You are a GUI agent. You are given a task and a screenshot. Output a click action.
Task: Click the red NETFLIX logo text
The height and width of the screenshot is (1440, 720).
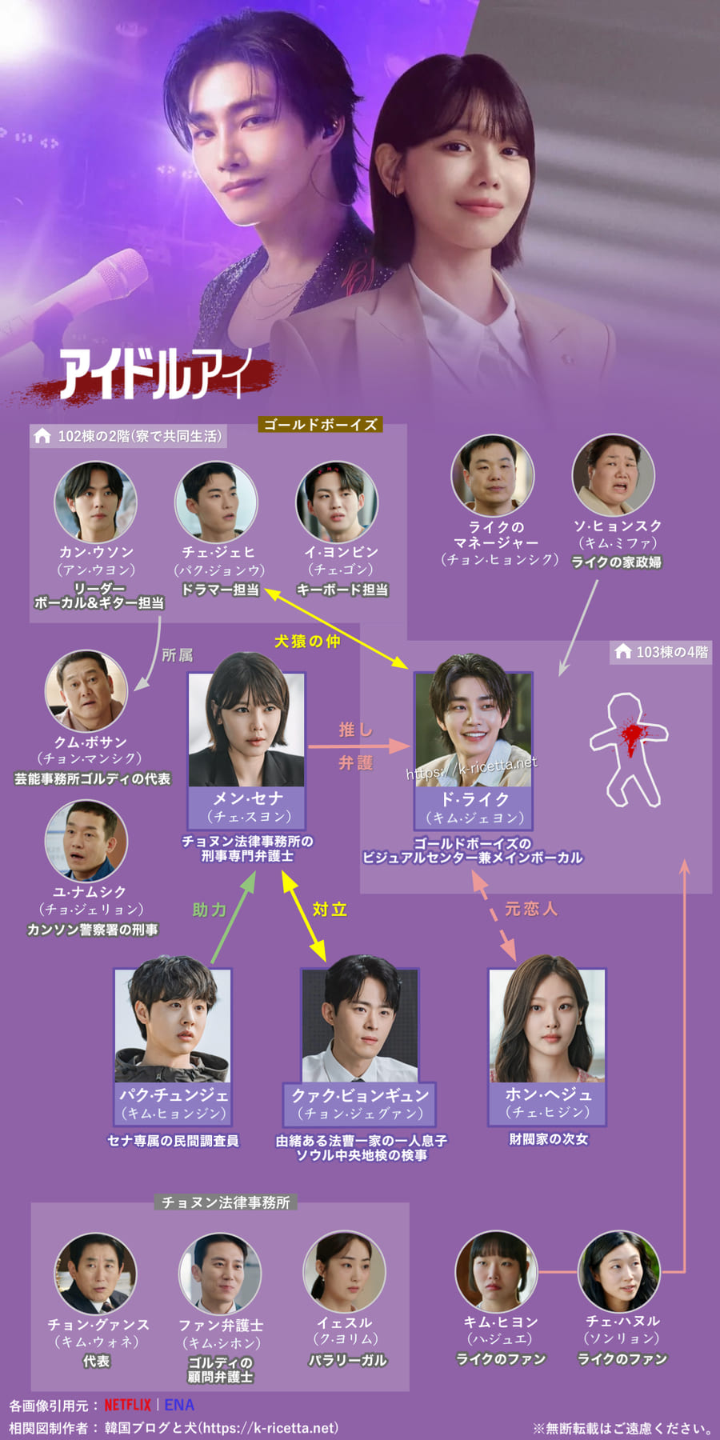click(x=127, y=1405)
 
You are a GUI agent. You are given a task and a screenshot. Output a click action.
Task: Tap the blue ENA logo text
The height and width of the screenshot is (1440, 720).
click(x=179, y=1405)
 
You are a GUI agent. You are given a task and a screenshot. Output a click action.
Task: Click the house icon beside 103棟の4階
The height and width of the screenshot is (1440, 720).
click(x=623, y=651)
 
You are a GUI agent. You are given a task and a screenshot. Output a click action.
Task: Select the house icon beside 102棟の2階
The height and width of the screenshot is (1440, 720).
click(x=42, y=436)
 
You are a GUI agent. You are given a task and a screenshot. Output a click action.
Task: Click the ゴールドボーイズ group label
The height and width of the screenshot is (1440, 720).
click(x=320, y=424)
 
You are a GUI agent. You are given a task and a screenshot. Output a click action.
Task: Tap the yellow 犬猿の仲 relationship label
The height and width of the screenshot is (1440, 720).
click(x=307, y=641)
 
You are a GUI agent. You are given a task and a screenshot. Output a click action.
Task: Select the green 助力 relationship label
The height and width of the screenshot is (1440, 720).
click(x=209, y=910)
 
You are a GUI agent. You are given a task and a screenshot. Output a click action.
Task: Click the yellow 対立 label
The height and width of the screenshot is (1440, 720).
click(x=330, y=910)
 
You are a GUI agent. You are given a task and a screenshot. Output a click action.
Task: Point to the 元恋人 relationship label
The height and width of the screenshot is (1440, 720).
click(x=530, y=909)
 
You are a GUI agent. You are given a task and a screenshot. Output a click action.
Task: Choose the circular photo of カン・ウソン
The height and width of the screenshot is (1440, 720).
click(x=95, y=502)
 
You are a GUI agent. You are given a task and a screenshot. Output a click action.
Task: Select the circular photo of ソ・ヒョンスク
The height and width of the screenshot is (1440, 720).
click(x=614, y=474)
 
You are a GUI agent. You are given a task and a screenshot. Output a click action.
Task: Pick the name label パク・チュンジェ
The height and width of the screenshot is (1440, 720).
click(x=173, y=1094)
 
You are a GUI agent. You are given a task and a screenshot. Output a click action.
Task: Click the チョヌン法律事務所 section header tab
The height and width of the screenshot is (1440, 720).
click(x=226, y=1202)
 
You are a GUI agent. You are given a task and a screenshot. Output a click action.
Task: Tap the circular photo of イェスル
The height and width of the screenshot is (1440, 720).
click(x=345, y=1272)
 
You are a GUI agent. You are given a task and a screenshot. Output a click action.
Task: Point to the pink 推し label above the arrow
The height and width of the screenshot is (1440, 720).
click(x=355, y=729)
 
